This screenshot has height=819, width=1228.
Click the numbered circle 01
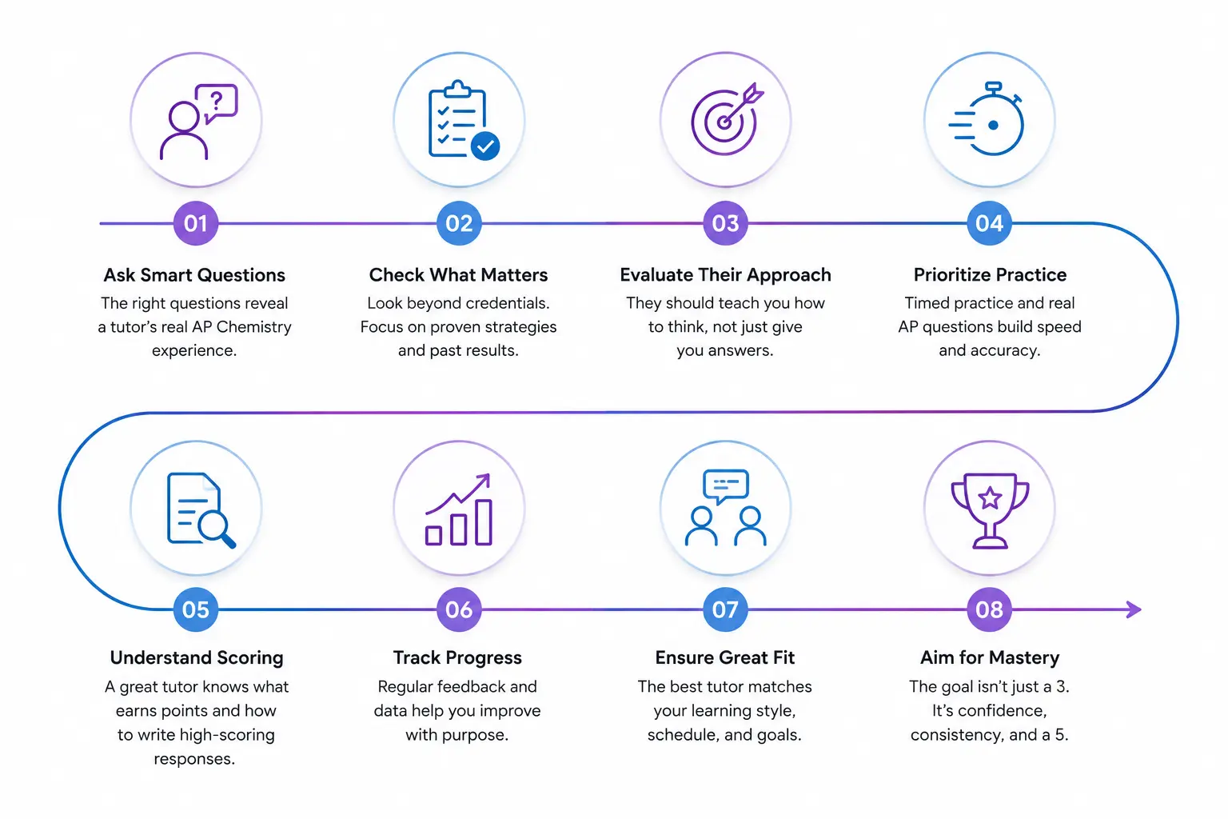(196, 223)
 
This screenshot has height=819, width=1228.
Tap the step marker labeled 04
(989, 223)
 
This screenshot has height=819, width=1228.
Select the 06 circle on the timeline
(459, 609)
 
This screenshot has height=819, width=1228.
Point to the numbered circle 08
(989, 609)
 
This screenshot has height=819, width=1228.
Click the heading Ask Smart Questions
(194, 275)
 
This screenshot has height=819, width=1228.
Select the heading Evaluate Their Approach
(725, 275)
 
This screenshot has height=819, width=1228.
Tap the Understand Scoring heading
(196, 657)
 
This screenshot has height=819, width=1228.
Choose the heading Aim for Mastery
(990, 657)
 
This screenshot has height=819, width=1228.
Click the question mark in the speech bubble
(217, 101)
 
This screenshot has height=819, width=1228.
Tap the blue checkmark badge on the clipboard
(485, 146)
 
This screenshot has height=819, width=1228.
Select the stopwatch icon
(986, 119)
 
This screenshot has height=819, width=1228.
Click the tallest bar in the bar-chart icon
(484, 521)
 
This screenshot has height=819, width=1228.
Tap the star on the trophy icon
(990, 498)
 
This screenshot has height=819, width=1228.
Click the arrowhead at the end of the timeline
(1134, 609)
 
